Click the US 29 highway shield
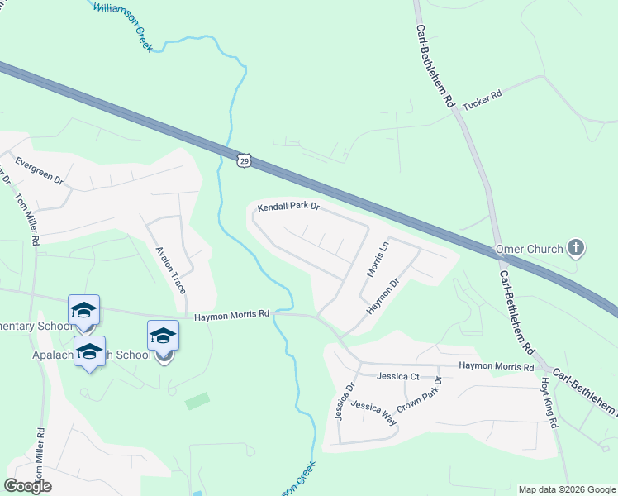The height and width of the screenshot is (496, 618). click(242, 159)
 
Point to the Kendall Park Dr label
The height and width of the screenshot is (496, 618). click(288, 207)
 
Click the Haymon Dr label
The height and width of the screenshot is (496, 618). click(383, 295)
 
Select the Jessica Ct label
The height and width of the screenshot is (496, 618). click(398, 377)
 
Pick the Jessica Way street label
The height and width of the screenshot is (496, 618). click(373, 413)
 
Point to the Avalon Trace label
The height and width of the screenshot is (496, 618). click(171, 269)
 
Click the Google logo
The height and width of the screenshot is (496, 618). click(27, 486)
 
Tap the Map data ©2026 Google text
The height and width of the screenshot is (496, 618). click(566, 489)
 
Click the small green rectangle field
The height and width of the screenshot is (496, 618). click(197, 401)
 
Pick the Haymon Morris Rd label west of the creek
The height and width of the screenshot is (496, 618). click(232, 315)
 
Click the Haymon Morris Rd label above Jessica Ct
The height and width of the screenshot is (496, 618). click(496, 366)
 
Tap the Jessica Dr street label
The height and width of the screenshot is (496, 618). click(345, 400)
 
